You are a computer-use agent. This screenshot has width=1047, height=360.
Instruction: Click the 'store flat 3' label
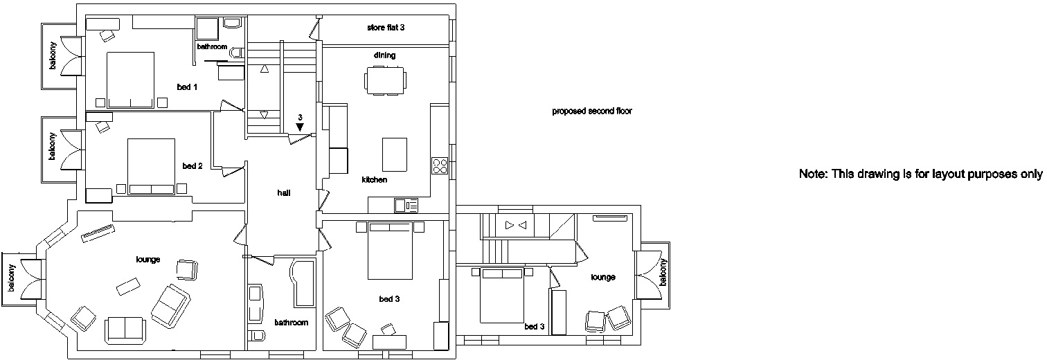coord(386,28)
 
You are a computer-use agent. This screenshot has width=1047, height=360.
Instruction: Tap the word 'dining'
coord(384,55)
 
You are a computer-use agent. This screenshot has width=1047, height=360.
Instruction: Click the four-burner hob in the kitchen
coord(440,165)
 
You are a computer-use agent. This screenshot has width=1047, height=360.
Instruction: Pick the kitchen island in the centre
coord(395,154)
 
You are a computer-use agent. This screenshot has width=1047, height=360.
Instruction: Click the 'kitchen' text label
coord(374,180)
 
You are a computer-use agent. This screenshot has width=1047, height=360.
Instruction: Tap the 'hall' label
coord(284,193)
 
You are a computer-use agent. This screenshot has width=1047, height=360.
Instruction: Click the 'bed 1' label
coord(187,87)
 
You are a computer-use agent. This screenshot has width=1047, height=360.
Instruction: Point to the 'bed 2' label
coord(193,166)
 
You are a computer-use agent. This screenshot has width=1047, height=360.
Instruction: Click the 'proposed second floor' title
coord(592,111)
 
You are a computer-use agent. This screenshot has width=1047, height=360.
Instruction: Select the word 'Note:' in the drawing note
coord(812,174)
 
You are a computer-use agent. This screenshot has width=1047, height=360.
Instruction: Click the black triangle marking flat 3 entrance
coord(299,127)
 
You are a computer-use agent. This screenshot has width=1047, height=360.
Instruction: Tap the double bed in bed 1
coord(130,80)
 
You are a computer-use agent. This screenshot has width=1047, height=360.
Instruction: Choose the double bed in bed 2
coord(151,165)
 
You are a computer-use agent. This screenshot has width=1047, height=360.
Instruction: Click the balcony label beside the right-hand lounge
coord(662,272)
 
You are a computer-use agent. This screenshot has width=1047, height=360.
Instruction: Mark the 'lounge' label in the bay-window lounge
coord(148,260)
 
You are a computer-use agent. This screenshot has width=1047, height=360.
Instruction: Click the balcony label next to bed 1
coord(53,56)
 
